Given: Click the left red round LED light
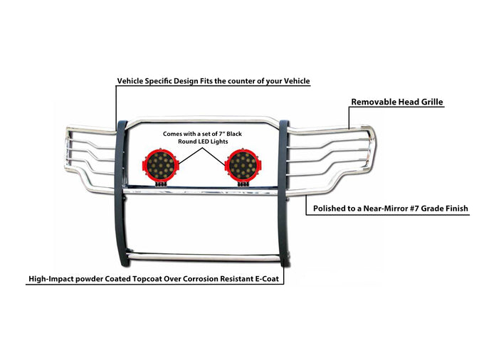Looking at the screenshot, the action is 160,165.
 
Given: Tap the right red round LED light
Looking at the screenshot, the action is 243,165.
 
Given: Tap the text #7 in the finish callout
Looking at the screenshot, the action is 415,208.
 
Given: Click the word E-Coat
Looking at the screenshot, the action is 267,279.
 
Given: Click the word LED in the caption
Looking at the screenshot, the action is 202,142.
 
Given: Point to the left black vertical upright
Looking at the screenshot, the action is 121,194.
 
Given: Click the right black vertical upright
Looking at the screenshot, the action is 284,194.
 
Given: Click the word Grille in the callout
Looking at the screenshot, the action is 432,102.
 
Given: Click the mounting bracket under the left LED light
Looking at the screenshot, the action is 161,184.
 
